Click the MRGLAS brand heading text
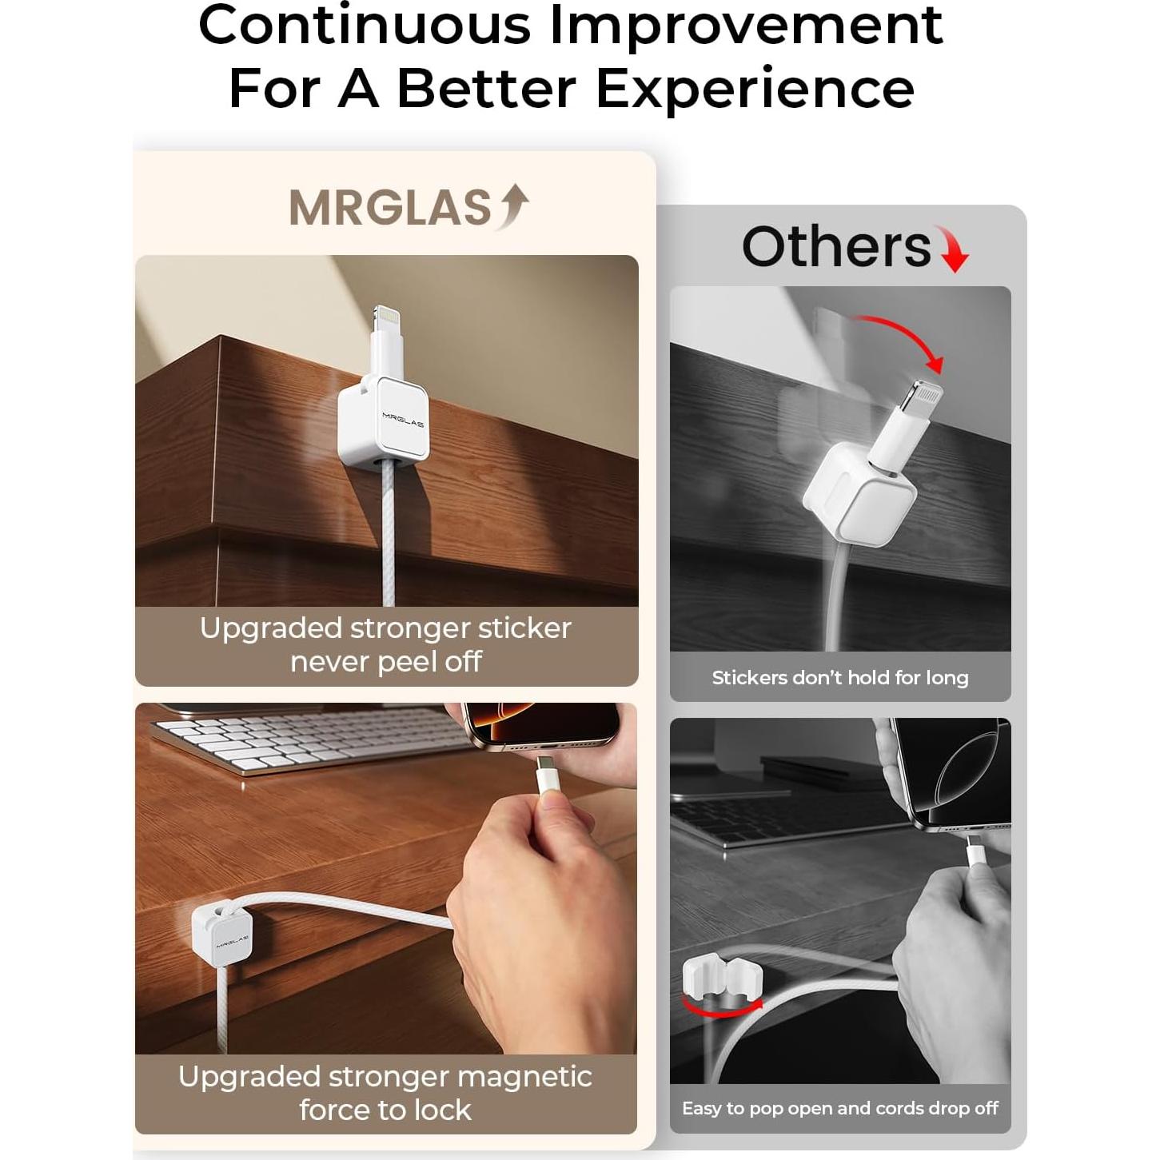pos(389,208)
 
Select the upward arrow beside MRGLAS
pos(513,205)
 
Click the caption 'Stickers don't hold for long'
pos(839,678)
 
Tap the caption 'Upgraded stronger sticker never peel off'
pos(386,644)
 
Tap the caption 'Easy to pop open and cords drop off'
pos(839,1108)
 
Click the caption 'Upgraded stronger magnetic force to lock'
pos(385,1093)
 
